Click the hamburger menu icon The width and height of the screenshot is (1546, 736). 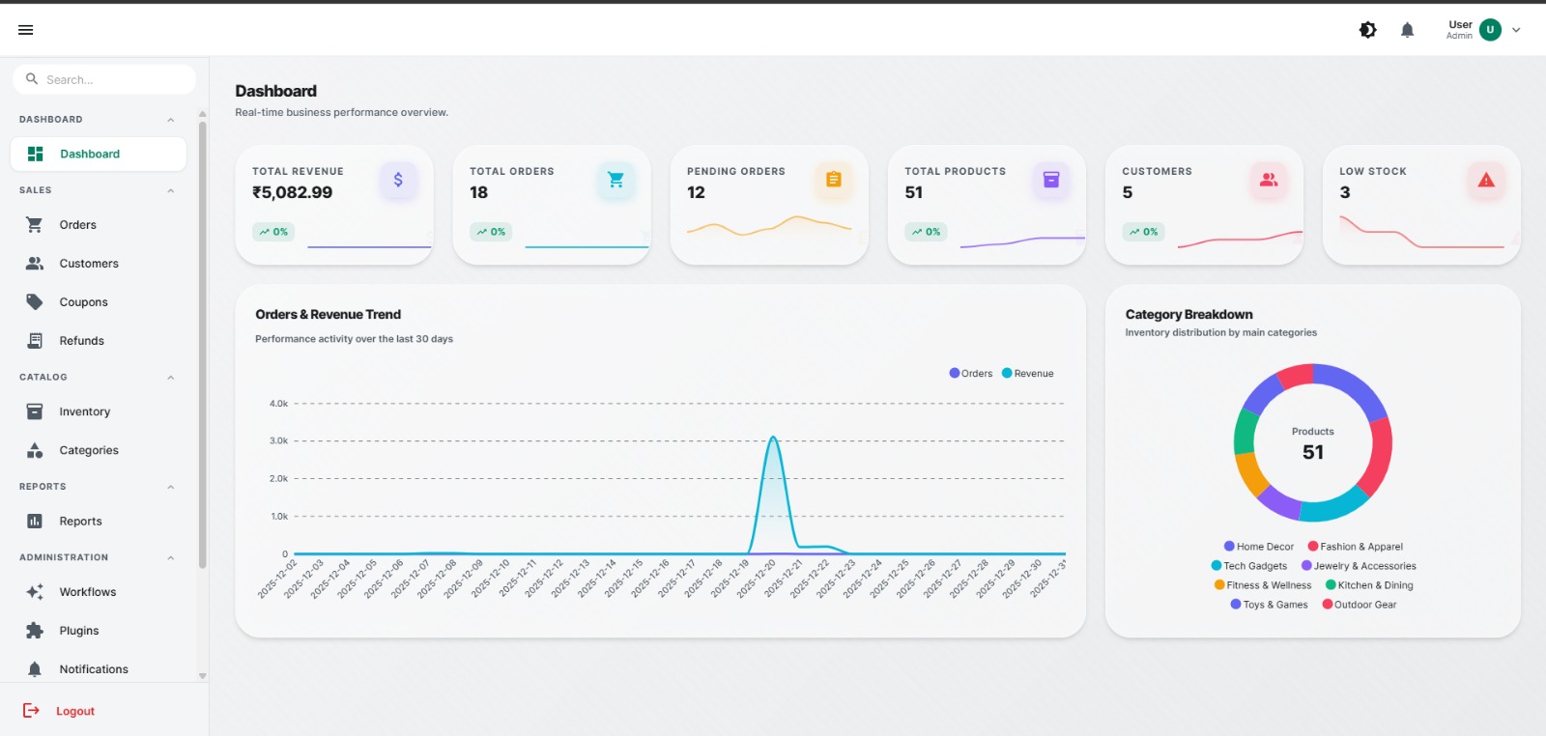pyautogui.click(x=26, y=30)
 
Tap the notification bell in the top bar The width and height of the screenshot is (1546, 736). pyautogui.click(x=1407, y=30)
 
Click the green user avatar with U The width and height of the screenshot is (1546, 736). pyautogui.click(x=1490, y=30)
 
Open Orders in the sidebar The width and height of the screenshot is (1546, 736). pyautogui.click(x=77, y=225)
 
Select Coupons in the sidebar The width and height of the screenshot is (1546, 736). pyautogui.click(x=83, y=302)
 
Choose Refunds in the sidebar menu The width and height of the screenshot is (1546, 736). pyautogui.click(x=81, y=341)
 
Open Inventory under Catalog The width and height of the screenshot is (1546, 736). pyautogui.click(x=84, y=411)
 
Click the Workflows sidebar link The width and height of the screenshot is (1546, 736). pyautogui.click(x=87, y=592)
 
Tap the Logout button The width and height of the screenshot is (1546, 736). pyautogui.click(x=74, y=711)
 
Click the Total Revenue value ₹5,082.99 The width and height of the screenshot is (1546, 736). pyautogui.click(x=292, y=192)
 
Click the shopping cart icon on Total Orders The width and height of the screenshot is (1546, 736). pyautogui.click(x=616, y=180)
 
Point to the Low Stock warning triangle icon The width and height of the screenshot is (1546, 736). pyautogui.click(x=1486, y=180)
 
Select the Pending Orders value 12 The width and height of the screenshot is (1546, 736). pyautogui.click(x=696, y=192)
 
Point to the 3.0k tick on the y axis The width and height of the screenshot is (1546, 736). pyautogui.click(x=278, y=440)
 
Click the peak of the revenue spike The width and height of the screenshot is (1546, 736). pyautogui.click(x=773, y=438)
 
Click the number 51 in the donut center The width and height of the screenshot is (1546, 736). pyautogui.click(x=1312, y=452)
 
